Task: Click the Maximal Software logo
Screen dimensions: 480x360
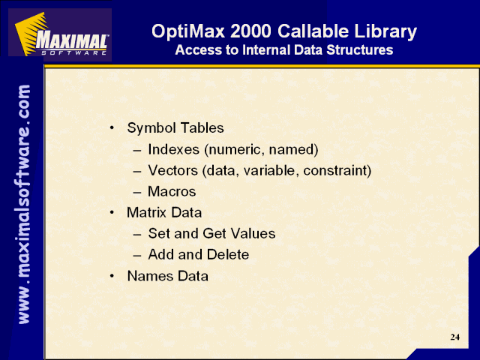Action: pos(60,34)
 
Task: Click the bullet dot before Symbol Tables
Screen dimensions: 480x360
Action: pos(112,127)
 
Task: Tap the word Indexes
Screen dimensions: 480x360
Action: pos(173,149)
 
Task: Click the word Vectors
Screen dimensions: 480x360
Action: pos(172,170)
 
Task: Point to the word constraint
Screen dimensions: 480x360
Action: pos(337,170)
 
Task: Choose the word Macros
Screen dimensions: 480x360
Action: pos(172,191)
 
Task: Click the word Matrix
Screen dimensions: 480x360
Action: pos(146,212)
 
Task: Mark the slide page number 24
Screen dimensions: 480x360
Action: pos(455,337)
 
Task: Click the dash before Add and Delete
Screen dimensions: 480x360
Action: pos(137,255)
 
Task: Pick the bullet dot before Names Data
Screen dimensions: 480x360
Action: pos(112,276)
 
